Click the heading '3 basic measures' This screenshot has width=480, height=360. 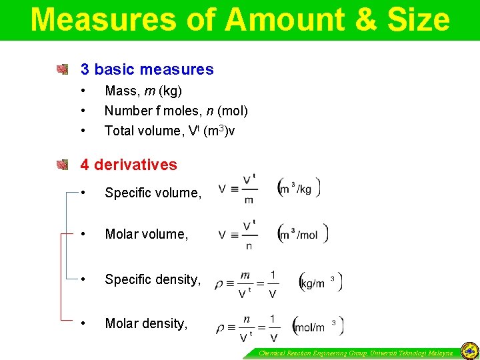[147, 69]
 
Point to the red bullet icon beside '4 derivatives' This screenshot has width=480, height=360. [63, 164]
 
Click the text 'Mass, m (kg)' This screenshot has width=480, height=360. [143, 91]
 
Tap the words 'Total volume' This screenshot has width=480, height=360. [137, 131]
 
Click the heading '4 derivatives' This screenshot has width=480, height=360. [129, 165]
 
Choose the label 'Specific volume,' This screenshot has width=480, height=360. [153, 193]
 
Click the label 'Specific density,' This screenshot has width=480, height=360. [153, 280]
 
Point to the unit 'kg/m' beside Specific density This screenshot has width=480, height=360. [313, 283]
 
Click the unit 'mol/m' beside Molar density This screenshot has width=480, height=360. [310, 327]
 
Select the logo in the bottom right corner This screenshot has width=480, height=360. [469, 351]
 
